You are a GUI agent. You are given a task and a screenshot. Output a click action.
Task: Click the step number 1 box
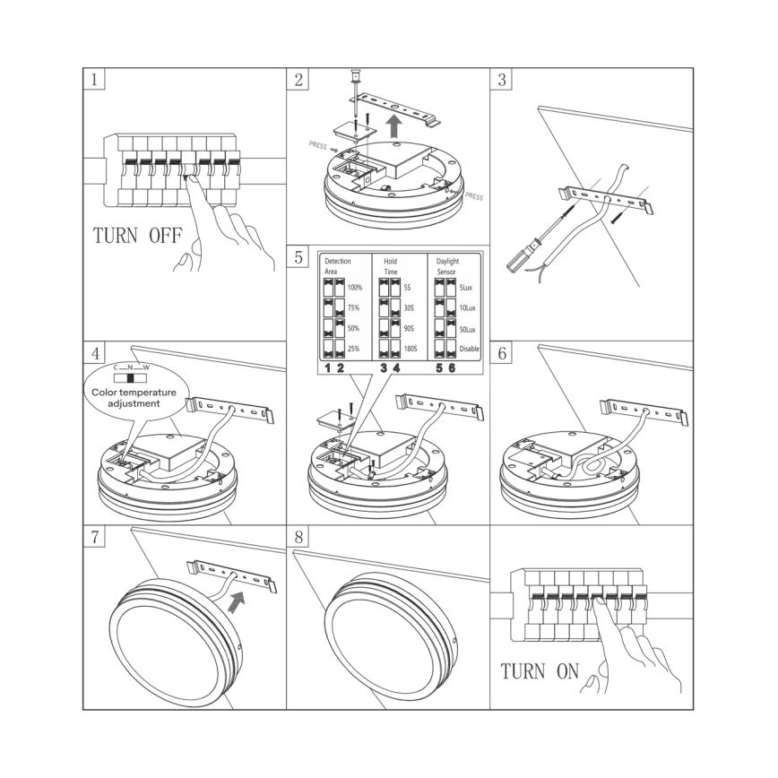[94, 79]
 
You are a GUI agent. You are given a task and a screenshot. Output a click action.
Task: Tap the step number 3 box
[501, 79]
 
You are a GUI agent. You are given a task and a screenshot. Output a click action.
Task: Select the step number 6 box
[501, 353]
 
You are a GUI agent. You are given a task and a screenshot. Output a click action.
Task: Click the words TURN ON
[540, 671]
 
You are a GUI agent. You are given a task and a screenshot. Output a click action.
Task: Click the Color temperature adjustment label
[134, 397]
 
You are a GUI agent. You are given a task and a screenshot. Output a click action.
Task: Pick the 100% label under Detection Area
[353, 288]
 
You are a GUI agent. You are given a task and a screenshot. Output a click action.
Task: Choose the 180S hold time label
[411, 349]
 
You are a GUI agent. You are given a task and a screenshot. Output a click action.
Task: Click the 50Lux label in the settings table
[467, 328]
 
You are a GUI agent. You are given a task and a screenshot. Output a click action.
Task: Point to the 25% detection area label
[353, 349]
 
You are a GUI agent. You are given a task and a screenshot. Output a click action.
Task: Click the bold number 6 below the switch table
[453, 368]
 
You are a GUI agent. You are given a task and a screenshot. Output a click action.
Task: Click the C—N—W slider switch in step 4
[132, 379]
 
